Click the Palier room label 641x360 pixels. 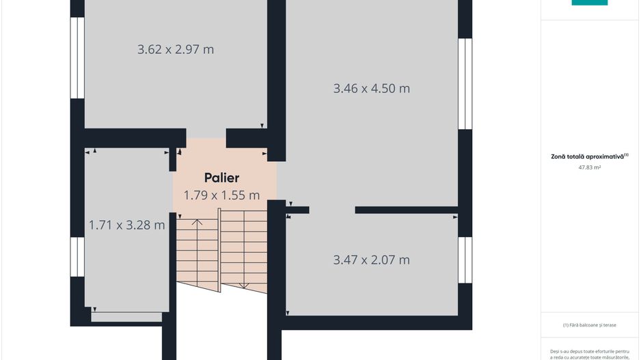point(221,178)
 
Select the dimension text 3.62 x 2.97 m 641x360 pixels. point(176,49)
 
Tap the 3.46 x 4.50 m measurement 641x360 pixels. point(371,88)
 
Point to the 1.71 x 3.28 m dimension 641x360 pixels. point(126,225)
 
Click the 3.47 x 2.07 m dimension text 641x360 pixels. point(371,260)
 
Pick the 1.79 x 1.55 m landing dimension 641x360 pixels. point(221,195)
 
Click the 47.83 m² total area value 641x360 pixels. point(590,167)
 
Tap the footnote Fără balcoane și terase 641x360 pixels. point(590,325)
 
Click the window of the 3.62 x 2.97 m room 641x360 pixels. point(77,57)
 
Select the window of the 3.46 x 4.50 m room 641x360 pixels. point(465,84)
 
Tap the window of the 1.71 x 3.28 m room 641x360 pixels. point(77,257)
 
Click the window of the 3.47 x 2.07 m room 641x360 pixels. point(465,260)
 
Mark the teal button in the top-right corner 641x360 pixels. point(590,3)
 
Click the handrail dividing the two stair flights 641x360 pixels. point(219,250)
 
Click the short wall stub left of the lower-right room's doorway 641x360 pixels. point(297,210)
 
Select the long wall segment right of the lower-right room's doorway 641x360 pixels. point(407,210)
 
